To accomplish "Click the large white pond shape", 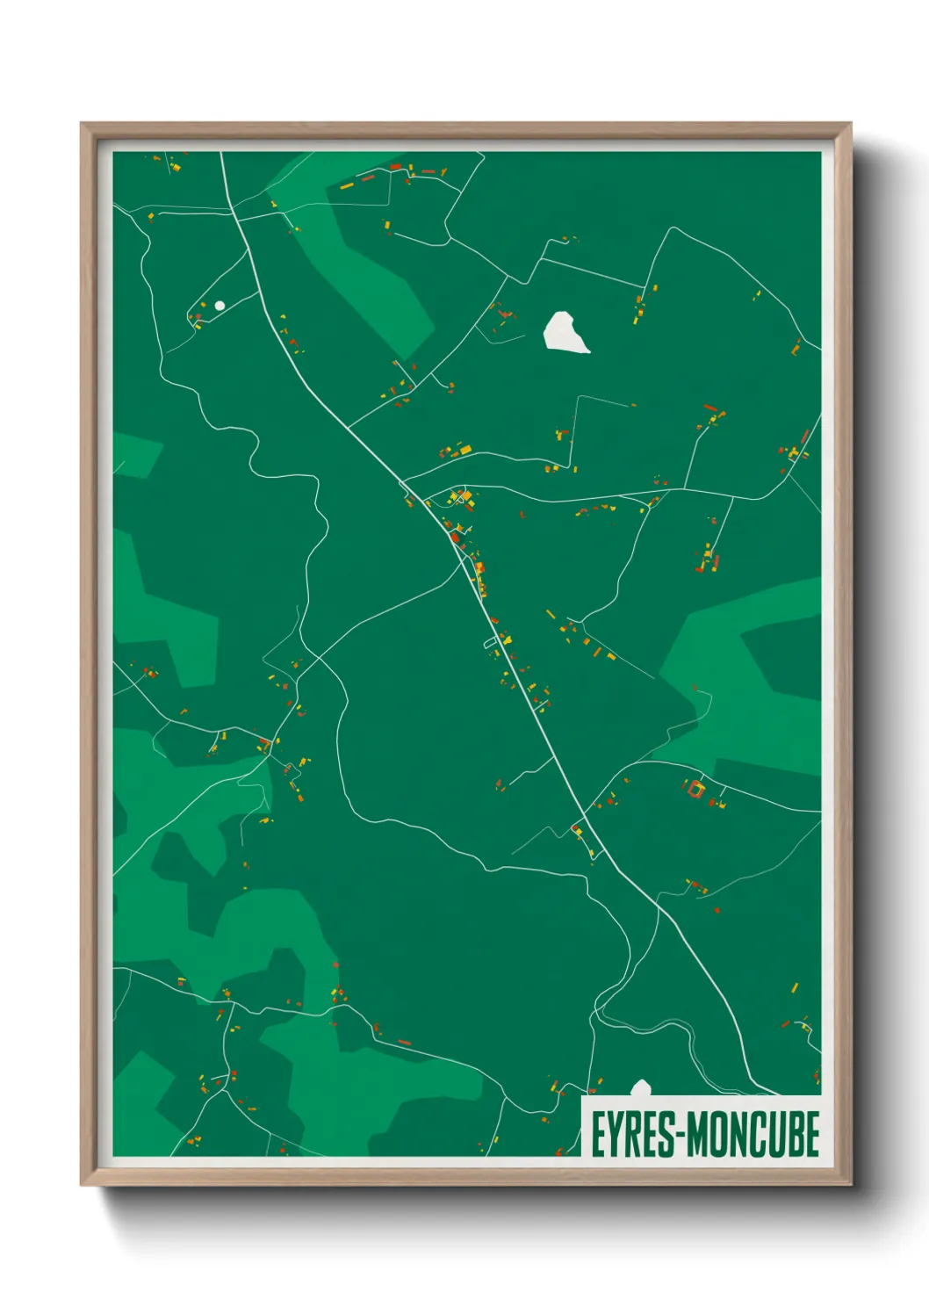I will tap(565, 333).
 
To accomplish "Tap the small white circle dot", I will tap(220, 305).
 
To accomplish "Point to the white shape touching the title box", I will tap(641, 1089).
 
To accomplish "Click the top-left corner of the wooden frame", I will tap(82, 124).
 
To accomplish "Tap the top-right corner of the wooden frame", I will tap(850, 124).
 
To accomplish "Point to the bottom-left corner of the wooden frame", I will tap(82, 1184).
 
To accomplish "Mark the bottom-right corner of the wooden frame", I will tap(850, 1184).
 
